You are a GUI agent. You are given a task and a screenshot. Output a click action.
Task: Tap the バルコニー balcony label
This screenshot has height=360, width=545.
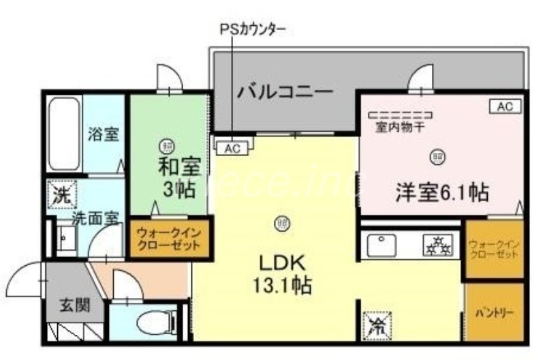point(284,90)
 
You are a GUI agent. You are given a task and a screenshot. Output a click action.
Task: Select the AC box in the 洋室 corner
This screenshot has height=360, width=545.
point(505,106)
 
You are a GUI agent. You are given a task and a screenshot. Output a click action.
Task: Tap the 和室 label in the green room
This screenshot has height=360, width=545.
point(169,166)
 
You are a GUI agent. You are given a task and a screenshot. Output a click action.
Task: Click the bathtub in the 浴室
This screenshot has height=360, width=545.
point(65,133)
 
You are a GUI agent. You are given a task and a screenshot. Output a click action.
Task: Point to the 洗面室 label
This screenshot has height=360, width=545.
point(97,218)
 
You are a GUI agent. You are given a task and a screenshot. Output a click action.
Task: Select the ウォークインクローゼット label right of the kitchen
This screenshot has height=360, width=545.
point(494,249)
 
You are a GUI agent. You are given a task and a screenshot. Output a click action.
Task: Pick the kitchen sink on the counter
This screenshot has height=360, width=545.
point(382,245)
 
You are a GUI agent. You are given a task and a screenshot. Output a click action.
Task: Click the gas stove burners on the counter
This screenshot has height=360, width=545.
point(437,245)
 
